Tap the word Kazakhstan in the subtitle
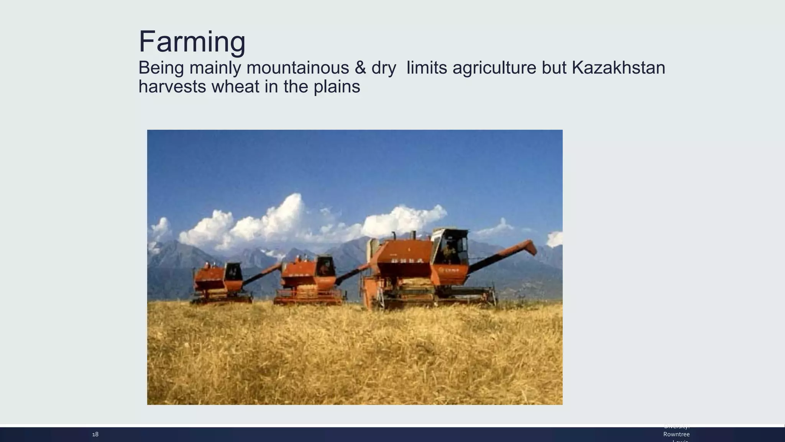click(618, 68)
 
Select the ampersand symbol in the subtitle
click(360, 68)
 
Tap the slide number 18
click(95, 434)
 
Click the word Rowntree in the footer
click(677, 434)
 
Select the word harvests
click(172, 86)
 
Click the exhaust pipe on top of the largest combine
click(413, 234)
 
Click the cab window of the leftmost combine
click(233, 272)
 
